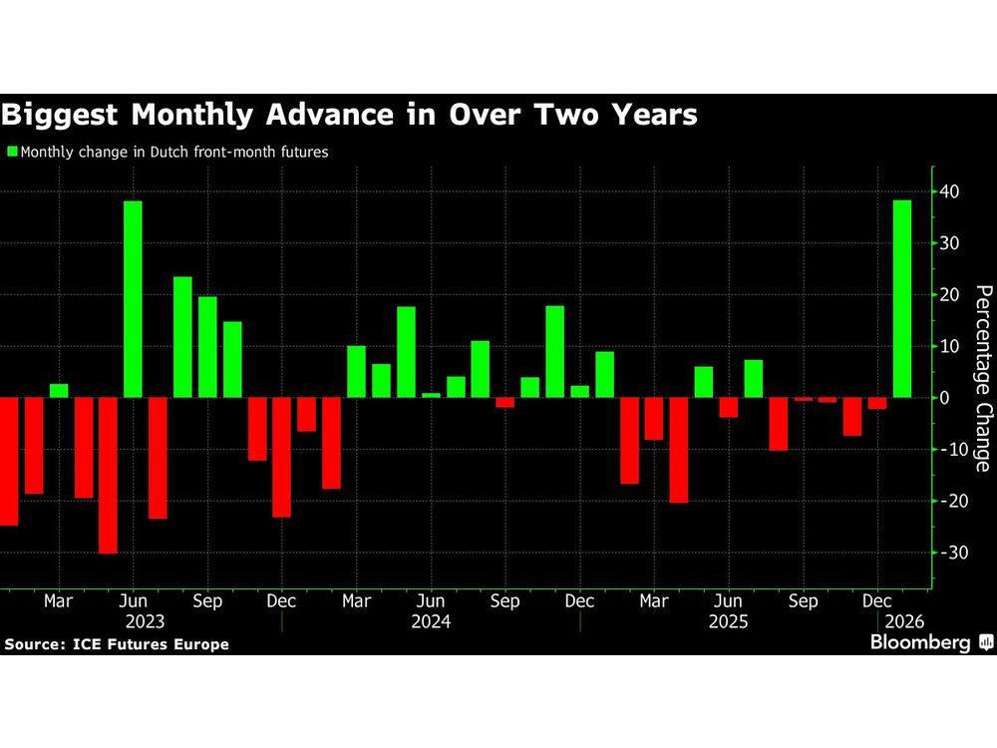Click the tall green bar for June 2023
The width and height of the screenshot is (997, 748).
click(x=133, y=299)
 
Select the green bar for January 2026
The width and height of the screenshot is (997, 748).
click(x=901, y=299)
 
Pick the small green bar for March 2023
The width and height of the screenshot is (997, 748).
click(x=59, y=390)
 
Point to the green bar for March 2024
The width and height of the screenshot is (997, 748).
click(x=356, y=371)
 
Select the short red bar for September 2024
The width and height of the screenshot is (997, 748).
click(x=504, y=402)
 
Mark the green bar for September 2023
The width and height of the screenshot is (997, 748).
click(x=207, y=347)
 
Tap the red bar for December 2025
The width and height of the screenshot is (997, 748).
click(x=876, y=403)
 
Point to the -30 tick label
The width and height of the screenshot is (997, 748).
click(x=951, y=553)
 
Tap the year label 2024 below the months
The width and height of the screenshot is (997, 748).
click(x=430, y=620)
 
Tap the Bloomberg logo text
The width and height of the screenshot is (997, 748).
click(x=920, y=643)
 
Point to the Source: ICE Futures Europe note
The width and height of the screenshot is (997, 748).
click(x=117, y=644)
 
